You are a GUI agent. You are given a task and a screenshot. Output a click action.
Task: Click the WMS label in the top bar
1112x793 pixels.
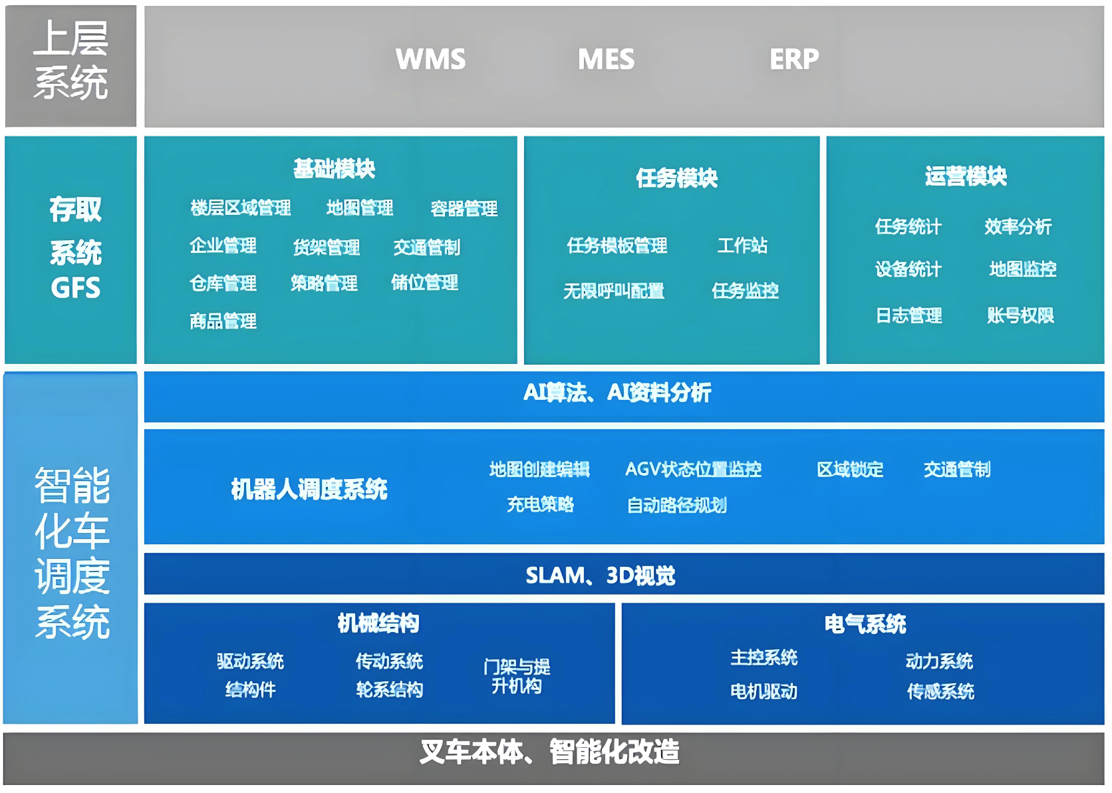pos(430,59)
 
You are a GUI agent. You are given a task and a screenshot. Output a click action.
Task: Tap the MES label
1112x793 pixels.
pos(606,59)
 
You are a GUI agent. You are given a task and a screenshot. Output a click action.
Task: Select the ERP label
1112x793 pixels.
pos(794,59)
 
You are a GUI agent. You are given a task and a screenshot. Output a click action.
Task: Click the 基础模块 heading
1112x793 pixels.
pos(335,168)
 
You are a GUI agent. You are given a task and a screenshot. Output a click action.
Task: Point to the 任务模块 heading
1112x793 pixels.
pos(677,178)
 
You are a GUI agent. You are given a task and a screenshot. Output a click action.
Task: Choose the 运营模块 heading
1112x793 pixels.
pos(966,176)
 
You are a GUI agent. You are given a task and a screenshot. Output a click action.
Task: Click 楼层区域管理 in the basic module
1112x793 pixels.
pos(241,208)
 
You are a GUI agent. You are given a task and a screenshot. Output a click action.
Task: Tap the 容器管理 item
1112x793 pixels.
pos(464,209)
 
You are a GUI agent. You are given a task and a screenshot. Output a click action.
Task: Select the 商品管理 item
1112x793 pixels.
pos(223,321)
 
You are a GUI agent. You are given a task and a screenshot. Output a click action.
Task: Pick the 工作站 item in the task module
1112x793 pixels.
pos(742,245)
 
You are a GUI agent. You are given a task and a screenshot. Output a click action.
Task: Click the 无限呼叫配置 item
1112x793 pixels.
pos(614,291)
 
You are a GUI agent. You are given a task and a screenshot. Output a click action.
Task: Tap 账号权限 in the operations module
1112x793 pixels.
pos(1021,315)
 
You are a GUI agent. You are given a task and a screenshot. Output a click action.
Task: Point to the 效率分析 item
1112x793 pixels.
pos(1018,227)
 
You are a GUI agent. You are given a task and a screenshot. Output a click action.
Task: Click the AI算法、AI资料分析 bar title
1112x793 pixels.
pos(617,393)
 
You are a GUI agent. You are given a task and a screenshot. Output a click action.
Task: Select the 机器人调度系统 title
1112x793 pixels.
pos(309,490)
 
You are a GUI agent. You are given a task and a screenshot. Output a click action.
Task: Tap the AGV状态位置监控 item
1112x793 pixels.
pos(693,470)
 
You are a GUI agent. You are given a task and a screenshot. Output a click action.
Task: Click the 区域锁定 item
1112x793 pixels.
pos(850,470)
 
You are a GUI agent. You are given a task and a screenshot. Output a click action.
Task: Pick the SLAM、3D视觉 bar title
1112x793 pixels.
pos(601,575)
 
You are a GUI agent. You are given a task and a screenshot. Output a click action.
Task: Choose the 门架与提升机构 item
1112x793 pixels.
pos(517,676)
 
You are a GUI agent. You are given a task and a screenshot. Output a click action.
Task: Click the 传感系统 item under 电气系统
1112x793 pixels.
pos(940,692)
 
